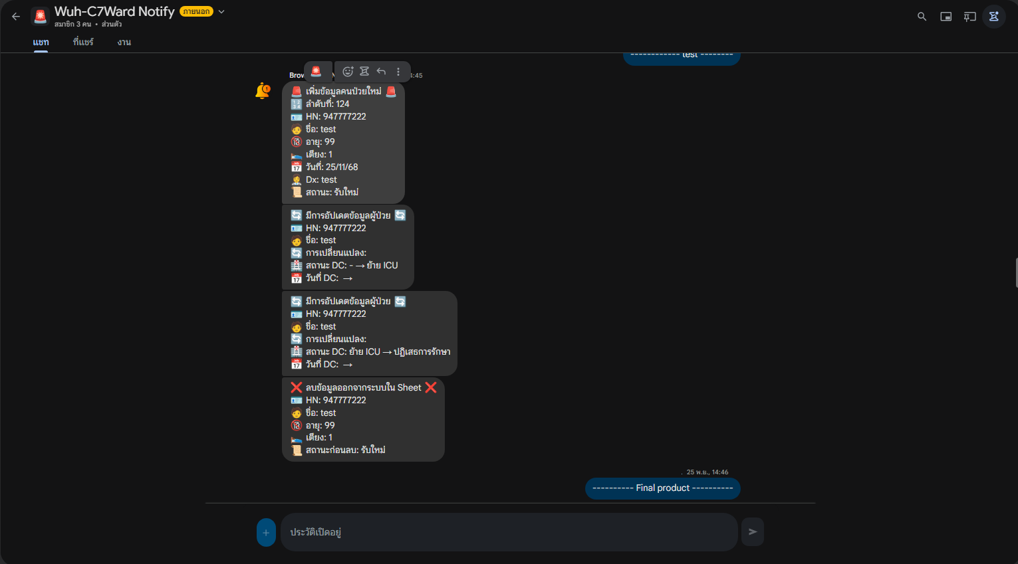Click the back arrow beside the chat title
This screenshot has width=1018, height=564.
click(x=16, y=17)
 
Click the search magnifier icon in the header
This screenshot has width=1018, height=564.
click(x=922, y=17)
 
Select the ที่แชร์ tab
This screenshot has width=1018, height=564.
click(x=83, y=42)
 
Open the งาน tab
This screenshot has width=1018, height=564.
click(x=124, y=42)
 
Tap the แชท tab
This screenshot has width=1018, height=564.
click(x=41, y=42)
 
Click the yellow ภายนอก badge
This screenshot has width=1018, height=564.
click(x=196, y=11)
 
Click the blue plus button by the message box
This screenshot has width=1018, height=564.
click(x=266, y=532)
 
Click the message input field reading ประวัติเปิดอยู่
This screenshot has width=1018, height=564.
click(x=509, y=532)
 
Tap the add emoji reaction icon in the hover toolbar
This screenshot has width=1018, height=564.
click(x=348, y=71)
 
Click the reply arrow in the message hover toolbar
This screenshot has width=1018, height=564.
click(x=381, y=71)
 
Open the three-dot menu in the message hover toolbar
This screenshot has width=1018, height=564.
click(x=398, y=71)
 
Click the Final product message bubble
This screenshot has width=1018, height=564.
click(x=662, y=488)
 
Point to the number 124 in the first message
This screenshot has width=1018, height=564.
click(x=342, y=104)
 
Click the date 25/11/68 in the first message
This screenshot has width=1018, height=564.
click(x=342, y=167)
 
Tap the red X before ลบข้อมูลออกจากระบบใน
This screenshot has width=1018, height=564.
click(x=297, y=387)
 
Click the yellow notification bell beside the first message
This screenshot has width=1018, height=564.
click(x=263, y=90)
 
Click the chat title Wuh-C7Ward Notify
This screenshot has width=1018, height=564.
click(x=114, y=11)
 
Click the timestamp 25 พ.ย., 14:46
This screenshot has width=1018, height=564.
click(x=707, y=472)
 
